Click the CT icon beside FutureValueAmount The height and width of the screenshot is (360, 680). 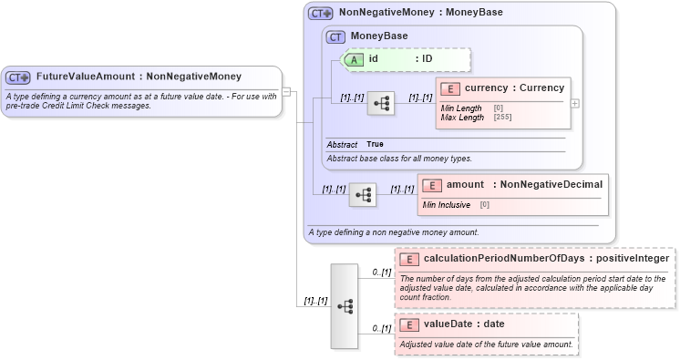pyautogui.click(x=19, y=77)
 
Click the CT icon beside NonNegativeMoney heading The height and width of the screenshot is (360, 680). pyautogui.click(x=320, y=14)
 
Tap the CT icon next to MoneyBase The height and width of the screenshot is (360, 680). pyautogui.click(x=335, y=36)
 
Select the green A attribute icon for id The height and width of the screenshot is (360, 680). pyautogui.click(x=353, y=58)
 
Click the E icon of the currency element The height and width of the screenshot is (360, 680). pyautogui.click(x=449, y=88)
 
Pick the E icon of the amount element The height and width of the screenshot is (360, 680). pyautogui.click(x=431, y=185)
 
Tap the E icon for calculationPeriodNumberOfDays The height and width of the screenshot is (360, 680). pyautogui.click(x=409, y=259)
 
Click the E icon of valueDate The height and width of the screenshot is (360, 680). pyautogui.click(x=409, y=324)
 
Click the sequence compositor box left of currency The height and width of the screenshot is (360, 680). pyautogui.click(x=380, y=104)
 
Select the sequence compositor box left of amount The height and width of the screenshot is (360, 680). pyautogui.click(x=363, y=195)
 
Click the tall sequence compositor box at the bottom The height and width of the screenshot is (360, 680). pyautogui.click(x=345, y=306)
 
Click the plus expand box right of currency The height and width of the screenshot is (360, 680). pyautogui.click(x=575, y=103)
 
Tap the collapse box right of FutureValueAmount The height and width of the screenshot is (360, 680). pyautogui.click(x=285, y=91)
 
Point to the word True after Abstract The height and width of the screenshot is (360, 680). pyautogui.click(x=375, y=145)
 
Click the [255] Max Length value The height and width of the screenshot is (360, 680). pyautogui.click(x=502, y=118)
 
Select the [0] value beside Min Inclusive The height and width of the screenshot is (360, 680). pyautogui.click(x=485, y=205)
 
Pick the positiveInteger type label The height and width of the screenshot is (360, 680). pyautogui.click(x=629, y=259)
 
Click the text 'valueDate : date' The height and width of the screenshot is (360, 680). pyautogui.click(x=464, y=324)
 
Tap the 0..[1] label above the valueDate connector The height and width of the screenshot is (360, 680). pyautogui.click(x=381, y=328)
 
